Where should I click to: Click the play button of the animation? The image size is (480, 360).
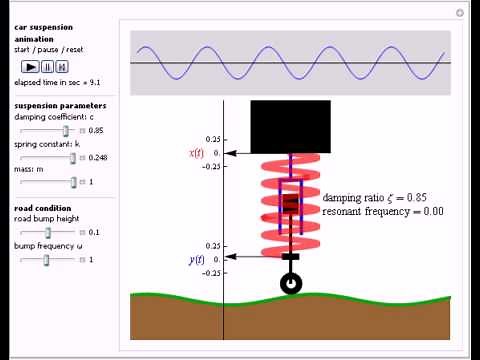[x=31, y=67]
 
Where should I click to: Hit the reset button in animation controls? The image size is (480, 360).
[x=62, y=67]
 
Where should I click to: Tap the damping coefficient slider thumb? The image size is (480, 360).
[x=67, y=130]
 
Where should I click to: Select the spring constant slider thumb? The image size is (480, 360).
[x=73, y=157]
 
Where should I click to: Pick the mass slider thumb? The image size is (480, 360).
[x=73, y=182]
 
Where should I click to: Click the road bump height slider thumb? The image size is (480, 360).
[x=48, y=233]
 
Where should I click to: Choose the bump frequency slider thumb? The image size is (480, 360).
[x=47, y=259]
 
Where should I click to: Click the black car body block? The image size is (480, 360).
[x=290, y=126]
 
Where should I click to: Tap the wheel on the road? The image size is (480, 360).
[x=291, y=284]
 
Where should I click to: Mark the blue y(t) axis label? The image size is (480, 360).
[x=196, y=260]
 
